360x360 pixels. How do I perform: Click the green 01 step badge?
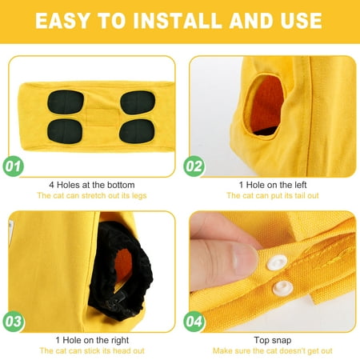point(14,166)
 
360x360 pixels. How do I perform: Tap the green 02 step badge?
point(194,166)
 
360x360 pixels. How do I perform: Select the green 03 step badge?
point(14,322)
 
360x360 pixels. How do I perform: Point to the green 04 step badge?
point(194,322)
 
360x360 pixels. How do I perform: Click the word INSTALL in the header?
point(178,21)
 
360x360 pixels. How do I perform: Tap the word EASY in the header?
point(62,21)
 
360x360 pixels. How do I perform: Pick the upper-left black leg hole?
point(66,102)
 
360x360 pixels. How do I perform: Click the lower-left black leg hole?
point(65,131)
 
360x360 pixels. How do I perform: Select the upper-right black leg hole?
point(138,102)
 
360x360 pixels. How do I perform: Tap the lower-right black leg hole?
point(137,131)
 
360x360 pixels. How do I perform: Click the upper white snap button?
point(277,262)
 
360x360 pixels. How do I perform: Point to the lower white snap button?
point(282,288)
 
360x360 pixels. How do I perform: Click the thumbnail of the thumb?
point(245,259)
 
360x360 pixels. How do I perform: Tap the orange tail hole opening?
point(266,104)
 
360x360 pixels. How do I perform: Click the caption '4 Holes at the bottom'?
point(92,185)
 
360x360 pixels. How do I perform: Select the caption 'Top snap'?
point(273,340)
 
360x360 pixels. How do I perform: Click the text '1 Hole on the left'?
point(273,185)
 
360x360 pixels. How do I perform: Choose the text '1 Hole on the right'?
point(92,340)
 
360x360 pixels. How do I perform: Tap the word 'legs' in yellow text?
point(139,196)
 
